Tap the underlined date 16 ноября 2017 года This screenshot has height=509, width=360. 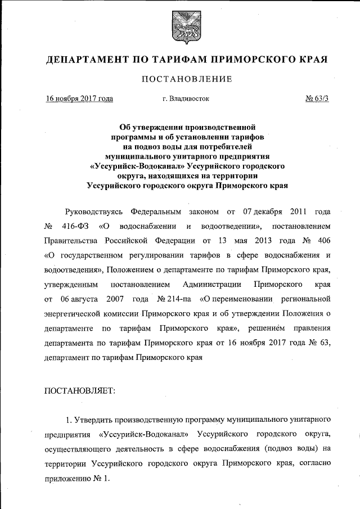79,99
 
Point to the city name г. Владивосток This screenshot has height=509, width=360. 186,99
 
